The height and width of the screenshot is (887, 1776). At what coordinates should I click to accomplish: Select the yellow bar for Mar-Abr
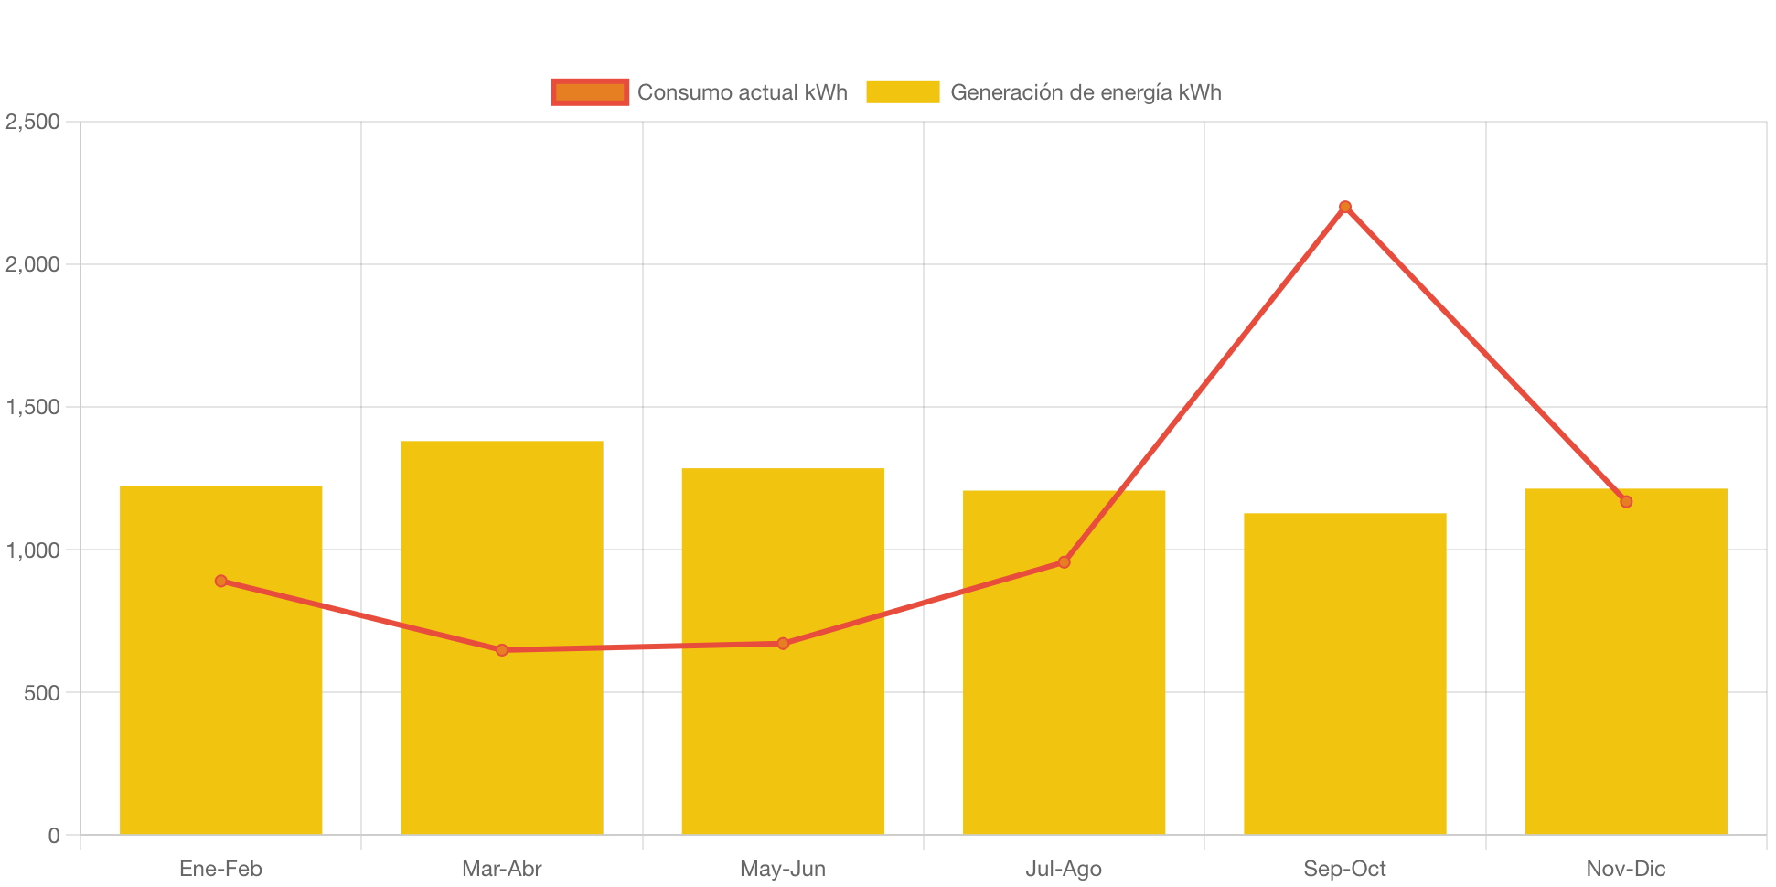pyautogui.click(x=501, y=732)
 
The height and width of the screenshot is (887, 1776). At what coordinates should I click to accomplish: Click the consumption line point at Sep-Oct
pyautogui.click(x=1344, y=207)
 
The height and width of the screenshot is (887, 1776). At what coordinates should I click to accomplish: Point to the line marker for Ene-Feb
pyautogui.click(x=220, y=581)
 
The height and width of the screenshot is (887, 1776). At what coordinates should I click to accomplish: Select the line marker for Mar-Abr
pyautogui.click(x=501, y=650)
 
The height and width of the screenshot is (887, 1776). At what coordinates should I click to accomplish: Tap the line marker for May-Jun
pyautogui.click(x=783, y=644)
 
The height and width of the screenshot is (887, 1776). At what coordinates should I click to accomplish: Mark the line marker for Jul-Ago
pyautogui.click(x=1064, y=561)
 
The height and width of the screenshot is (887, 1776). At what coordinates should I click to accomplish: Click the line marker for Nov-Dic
pyautogui.click(x=1625, y=501)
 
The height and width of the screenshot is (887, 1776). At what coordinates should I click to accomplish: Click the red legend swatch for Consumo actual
pyautogui.click(x=590, y=91)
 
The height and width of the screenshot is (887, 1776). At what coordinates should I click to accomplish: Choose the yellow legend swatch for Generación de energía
pyautogui.click(x=902, y=91)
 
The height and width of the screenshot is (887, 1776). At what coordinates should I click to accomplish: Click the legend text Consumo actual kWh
pyautogui.click(x=742, y=92)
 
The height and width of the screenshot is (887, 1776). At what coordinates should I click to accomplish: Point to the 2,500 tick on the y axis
pyautogui.click(x=33, y=122)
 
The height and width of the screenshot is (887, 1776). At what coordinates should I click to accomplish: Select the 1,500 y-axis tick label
pyautogui.click(x=33, y=407)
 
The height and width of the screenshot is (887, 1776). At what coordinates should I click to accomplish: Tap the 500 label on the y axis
pyautogui.click(x=42, y=693)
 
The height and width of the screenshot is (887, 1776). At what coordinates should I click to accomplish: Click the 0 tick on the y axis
pyautogui.click(x=54, y=836)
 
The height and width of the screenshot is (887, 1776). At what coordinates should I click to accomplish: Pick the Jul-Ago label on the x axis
pyautogui.click(x=1064, y=869)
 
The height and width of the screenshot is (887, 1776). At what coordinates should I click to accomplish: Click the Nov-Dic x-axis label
pyautogui.click(x=1625, y=869)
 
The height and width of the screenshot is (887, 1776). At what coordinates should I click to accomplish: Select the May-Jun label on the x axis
pyautogui.click(x=782, y=869)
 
